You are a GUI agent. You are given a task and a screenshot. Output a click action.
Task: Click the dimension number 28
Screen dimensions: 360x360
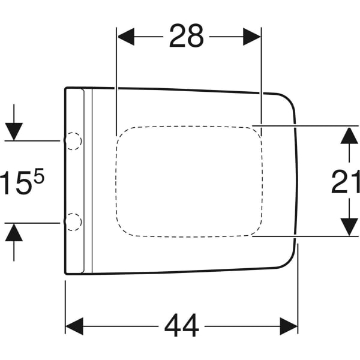[x=186, y=37]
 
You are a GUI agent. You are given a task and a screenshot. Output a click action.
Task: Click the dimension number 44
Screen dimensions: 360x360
[x=182, y=326]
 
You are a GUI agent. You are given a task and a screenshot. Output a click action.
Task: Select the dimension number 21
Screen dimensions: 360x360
[x=346, y=181]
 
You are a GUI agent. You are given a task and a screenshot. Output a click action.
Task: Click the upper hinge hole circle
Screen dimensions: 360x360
[x=73, y=140]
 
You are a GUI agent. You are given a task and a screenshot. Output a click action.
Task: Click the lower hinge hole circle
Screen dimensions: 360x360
[x=73, y=222]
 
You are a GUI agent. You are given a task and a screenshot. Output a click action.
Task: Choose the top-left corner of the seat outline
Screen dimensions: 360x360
[x=65, y=88]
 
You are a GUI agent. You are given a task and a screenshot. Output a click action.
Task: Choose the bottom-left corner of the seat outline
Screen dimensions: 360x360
[x=65, y=274]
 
